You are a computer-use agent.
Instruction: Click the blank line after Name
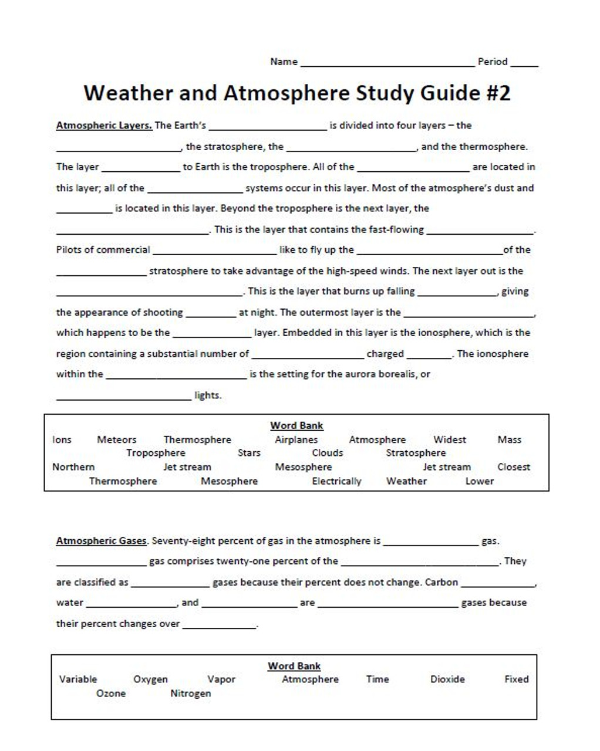387,63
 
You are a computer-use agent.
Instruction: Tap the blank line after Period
524,63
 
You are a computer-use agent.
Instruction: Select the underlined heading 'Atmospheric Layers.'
104,126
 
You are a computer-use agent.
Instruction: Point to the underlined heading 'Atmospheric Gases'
101,541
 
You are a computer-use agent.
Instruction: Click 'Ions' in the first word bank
62,439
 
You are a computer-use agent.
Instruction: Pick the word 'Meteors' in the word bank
116,439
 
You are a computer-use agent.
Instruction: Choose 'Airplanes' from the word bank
296,439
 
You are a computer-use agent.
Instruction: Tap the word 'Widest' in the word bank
449,439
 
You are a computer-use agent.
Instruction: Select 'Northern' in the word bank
73,467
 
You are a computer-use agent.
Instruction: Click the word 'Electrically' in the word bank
336,481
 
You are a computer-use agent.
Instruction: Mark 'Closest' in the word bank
513,467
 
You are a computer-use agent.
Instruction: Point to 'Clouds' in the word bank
327,453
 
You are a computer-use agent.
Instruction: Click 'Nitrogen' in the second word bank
190,694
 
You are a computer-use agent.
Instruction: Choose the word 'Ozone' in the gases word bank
111,694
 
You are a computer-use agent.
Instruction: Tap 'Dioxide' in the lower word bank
447,679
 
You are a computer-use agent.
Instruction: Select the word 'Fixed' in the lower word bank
516,679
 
